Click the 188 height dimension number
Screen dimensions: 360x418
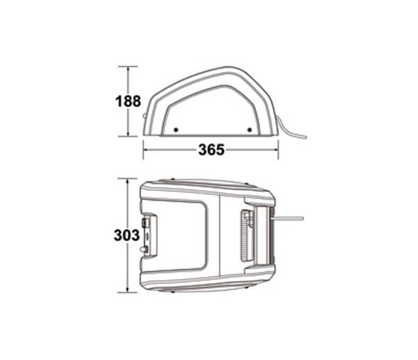(128, 101)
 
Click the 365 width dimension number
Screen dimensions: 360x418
(211, 149)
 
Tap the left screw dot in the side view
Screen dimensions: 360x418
(176, 129)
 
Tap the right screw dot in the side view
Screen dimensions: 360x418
(249, 129)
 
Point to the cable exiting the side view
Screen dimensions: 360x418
(293, 132)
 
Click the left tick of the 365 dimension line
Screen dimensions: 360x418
(144, 149)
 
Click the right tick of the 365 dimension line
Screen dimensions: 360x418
(278, 149)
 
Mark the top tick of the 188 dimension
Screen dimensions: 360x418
(128, 67)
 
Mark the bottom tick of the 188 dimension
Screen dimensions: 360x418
(128, 135)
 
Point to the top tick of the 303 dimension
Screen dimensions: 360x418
(128, 180)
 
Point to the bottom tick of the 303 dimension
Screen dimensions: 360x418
(128, 292)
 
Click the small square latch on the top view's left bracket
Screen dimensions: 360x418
(146, 223)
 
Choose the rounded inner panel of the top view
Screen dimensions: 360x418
(181, 235)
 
